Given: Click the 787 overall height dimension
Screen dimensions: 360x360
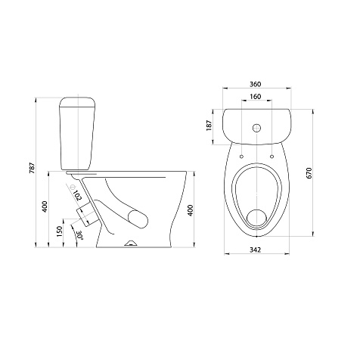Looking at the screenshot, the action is click(x=33, y=168).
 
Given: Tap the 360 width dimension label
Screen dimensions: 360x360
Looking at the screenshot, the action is click(x=256, y=84).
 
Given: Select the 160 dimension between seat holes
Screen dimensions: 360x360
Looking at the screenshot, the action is click(x=256, y=97).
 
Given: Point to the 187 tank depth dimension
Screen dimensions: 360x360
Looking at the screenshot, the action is click(x=209, y=126).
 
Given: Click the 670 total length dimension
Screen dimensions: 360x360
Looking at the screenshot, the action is click(x=309, y=173).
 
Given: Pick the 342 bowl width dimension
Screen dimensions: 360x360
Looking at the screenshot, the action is click(x=255, y=250).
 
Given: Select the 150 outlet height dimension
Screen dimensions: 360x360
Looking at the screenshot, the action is click(x=59, y=231).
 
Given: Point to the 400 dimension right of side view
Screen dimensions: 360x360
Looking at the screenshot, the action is click(x=191, y=210).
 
